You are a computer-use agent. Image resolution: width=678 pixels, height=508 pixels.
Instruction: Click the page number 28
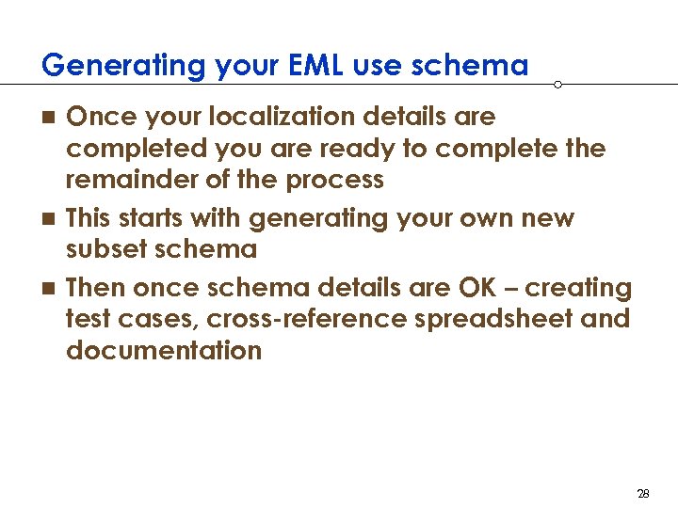644,493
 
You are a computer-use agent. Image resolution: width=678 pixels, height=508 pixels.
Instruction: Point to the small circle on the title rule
557,85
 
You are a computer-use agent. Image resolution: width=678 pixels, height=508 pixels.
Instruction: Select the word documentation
164,350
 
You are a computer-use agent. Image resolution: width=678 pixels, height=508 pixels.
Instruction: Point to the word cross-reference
306,319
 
